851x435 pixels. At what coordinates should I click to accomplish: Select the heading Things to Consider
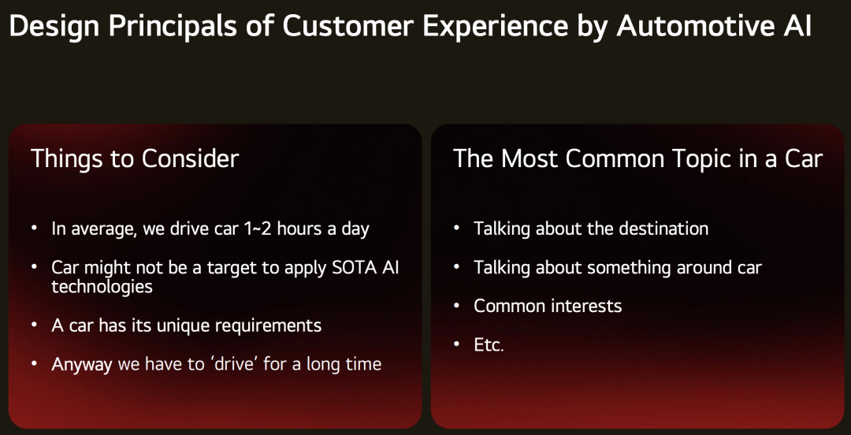(x=135, y=158)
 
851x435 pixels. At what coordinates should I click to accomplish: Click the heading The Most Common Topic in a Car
(x=637, y=158)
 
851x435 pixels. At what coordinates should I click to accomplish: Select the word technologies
(x=102, y=286)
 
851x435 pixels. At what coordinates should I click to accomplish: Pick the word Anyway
(x=82, y=364)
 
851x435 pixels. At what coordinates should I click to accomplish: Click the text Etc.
(x=489, y=345)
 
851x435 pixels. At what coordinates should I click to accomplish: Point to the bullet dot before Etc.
(x=457, y=344)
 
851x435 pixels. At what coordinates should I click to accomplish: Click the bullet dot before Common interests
(x=457, y=305)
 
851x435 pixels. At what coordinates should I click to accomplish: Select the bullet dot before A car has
(x=35, y=325)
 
